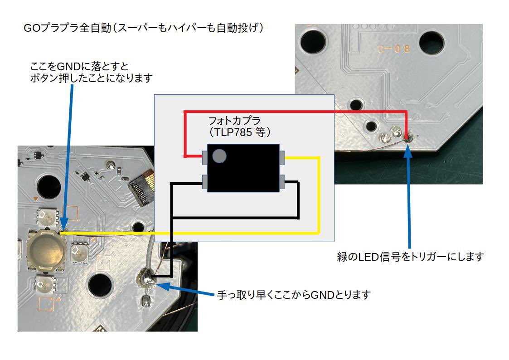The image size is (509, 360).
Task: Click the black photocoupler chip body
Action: [x=243, y=168]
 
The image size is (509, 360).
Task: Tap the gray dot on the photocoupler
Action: [x=219, y=156]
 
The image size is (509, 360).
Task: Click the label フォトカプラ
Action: [x=234, y=121]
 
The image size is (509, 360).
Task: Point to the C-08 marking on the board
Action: [x=394, y=49]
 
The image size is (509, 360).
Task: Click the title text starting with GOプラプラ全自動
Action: [x=143, y=28]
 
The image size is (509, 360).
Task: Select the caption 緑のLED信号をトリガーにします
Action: [x=410, y=257]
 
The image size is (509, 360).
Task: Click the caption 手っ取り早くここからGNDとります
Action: [x=294, y=295]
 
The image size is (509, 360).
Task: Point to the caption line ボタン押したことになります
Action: [x=91, y=78]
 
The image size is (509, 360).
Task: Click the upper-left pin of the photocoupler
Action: [x=205, y=157]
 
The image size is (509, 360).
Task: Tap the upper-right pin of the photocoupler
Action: [x=282, y=157]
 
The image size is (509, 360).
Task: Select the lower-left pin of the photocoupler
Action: [x=205, y=182]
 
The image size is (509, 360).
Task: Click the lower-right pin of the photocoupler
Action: [x=282, y=182]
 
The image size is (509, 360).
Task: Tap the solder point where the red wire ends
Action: [x=407, y=138]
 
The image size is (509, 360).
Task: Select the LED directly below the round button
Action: [x=45, y=284]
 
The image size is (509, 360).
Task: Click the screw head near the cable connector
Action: [x=111, y=165]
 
